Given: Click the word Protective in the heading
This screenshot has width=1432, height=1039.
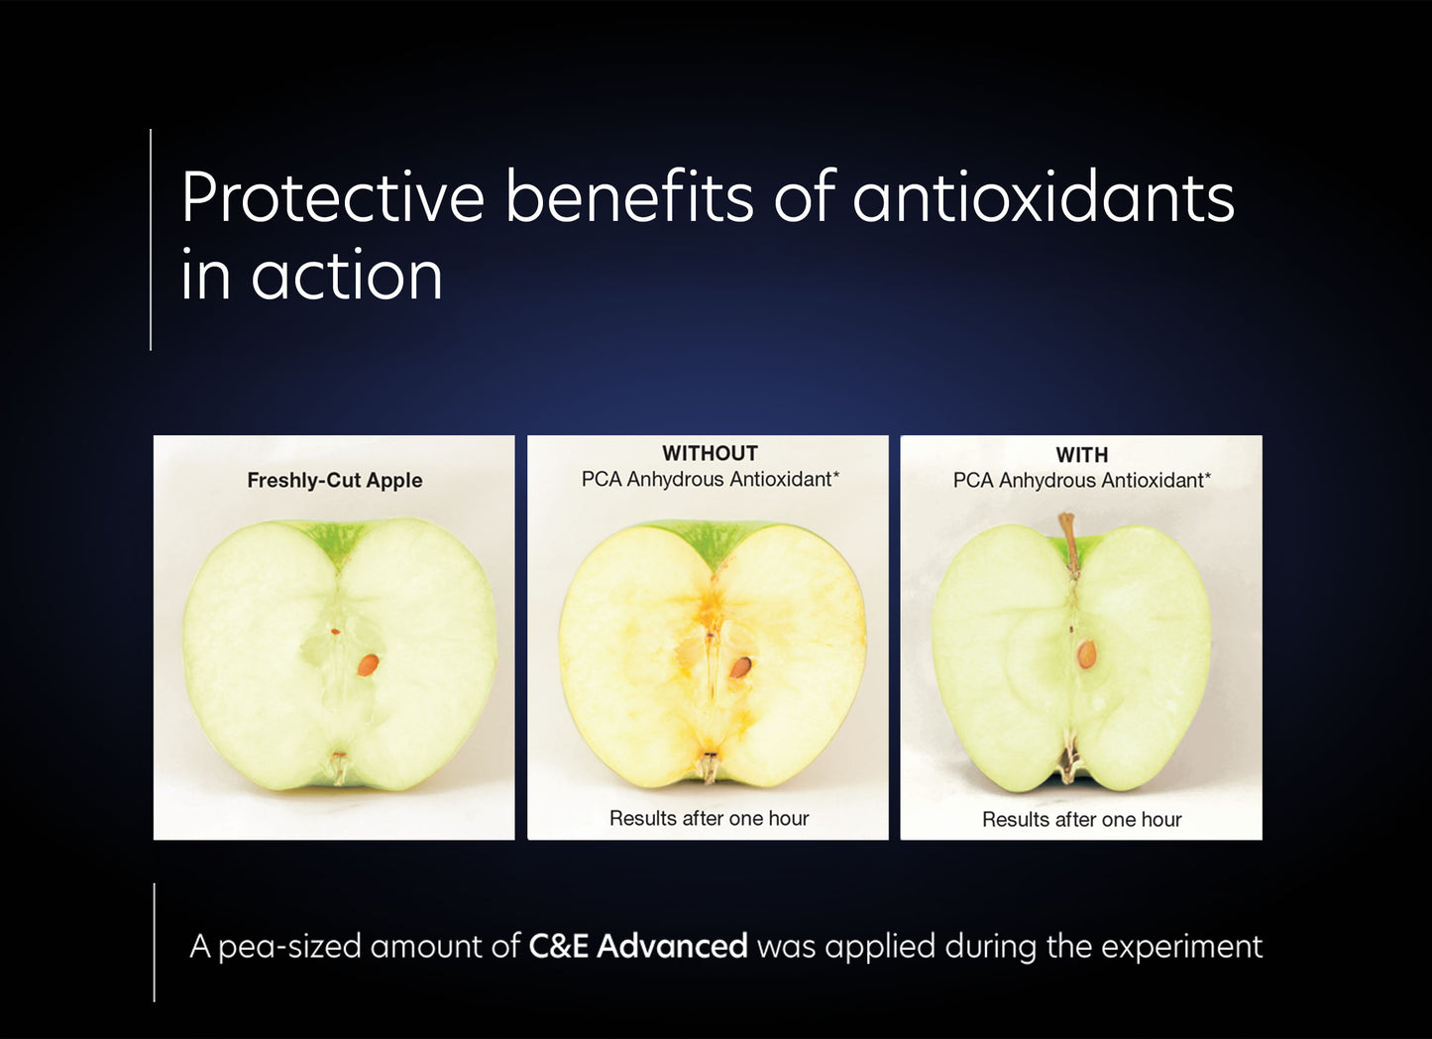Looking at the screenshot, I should pos(332,197).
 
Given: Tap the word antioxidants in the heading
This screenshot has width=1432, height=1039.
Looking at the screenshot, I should pos(1044,197).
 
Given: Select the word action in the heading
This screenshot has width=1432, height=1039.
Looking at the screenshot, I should pos(347,277).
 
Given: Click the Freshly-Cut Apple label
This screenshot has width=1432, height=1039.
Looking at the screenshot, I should pos(334,481).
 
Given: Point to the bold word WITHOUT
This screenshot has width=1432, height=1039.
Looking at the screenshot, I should pos(710,454).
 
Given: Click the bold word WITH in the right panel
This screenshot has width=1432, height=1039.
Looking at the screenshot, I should pos(1081,455).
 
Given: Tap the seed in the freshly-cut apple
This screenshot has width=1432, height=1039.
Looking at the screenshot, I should pos(368,665).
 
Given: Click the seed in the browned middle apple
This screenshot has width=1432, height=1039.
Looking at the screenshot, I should pos(740,667).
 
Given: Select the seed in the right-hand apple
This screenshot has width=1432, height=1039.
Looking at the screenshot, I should pos(1087,654).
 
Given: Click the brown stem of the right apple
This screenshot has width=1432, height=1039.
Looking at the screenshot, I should pos(1068,541).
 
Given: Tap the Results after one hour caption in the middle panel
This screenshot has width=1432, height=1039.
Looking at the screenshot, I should pos(709,819).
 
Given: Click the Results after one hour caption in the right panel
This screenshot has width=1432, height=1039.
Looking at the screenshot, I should pos(1081,820).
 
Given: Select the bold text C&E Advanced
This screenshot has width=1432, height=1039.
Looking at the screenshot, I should pos(637,947).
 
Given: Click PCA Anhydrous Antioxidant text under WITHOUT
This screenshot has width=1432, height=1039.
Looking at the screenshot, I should pos(710,480).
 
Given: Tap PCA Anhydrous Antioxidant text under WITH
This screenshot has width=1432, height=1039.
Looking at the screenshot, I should pos(1081,481).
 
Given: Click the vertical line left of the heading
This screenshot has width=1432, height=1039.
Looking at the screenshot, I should pos(151,239).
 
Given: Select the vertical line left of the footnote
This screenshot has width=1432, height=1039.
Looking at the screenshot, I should pos(155,942).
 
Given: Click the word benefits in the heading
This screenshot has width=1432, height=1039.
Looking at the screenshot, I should pos(629,197).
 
